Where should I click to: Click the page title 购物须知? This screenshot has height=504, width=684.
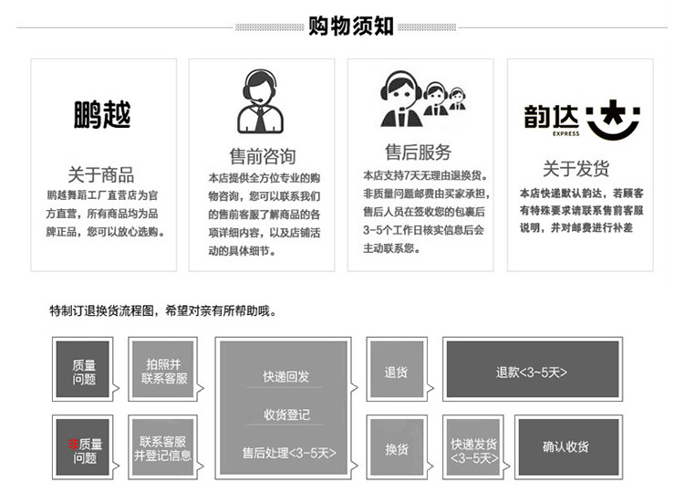351,26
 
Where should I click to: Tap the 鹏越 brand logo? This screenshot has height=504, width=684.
102,115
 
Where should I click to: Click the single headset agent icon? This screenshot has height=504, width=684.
262,101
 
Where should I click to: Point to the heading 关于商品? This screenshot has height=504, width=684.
101,174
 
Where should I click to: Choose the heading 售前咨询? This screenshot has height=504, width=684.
262,156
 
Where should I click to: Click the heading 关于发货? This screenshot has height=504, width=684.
576,169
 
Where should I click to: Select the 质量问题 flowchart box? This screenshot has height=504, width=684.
85,372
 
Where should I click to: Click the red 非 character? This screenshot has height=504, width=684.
73,445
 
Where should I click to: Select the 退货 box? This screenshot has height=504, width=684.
397,372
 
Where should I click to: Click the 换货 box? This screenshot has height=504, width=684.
397,448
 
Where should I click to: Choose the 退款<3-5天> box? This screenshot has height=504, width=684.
532,372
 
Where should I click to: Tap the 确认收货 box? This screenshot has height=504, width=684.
566,447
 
